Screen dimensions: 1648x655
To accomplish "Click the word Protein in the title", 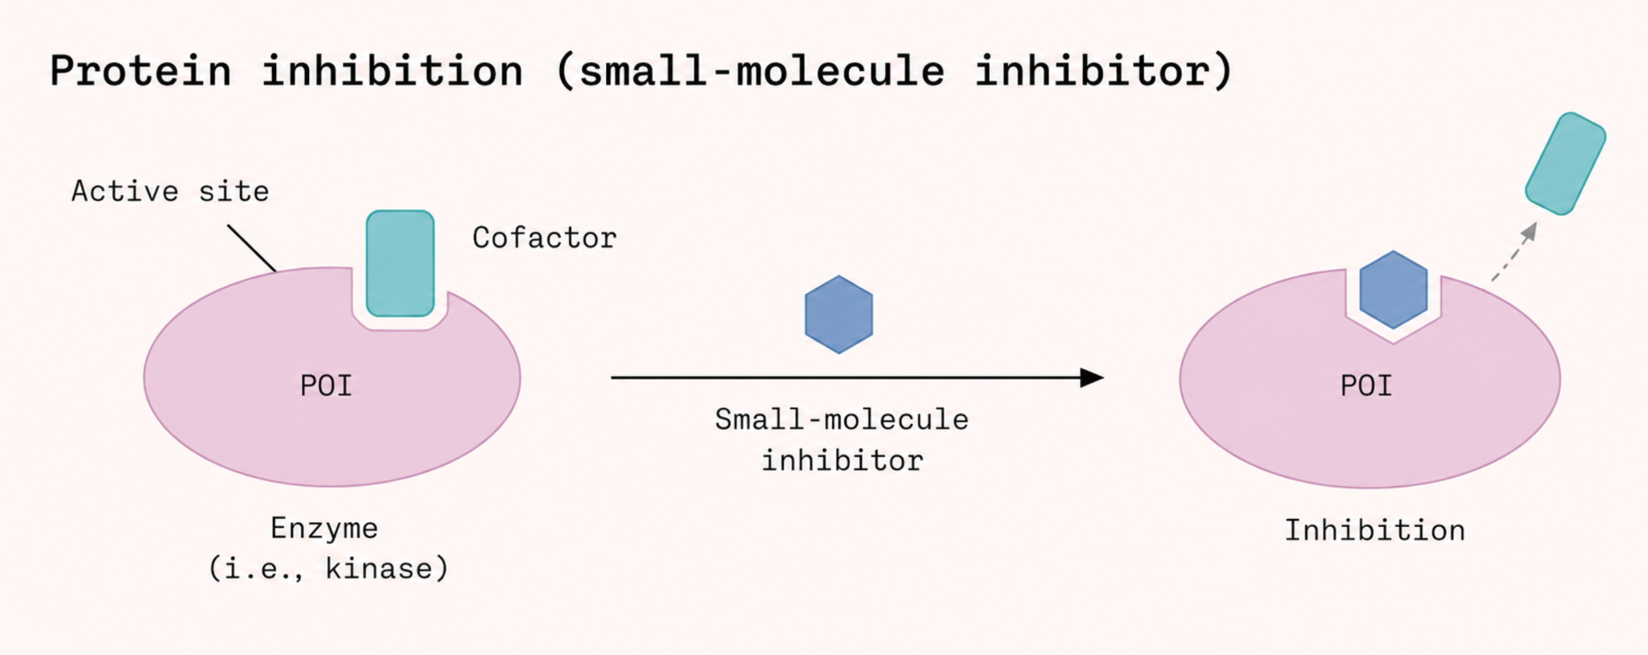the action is [x=141, y=72].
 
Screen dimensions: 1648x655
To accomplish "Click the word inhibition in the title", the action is [x=393, y=70].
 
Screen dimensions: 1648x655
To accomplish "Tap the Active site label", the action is [x=171, y=192].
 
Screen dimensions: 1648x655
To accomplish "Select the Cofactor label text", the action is [x=544, y=238].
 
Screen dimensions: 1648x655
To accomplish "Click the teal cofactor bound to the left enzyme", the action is [x=400, y=263].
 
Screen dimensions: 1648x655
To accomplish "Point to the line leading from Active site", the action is [x=252, y=248].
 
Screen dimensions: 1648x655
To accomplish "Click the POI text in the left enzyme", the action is [x=326, y=386].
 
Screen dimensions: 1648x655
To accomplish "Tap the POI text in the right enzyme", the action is [x=1366, y=386].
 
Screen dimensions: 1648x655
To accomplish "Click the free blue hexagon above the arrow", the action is [x=838, y=315].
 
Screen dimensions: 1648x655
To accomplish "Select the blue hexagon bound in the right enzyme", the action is [x=1393, y=290].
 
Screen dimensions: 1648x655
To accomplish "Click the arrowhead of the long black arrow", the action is [x=1092, y=377].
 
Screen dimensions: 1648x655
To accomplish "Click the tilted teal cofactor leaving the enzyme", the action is [x=1565, y=164].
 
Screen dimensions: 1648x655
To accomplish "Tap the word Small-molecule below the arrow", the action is [x=842, y=420].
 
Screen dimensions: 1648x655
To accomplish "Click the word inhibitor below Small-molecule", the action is [x=843, y=461].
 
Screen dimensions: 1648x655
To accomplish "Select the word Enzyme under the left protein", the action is [x=324, y=529].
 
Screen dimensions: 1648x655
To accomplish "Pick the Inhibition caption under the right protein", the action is [x=1374, y=531].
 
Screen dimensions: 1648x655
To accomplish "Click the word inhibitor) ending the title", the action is [x=1104, y=71].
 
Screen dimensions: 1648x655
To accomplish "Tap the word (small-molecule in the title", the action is [x=750, y=71].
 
